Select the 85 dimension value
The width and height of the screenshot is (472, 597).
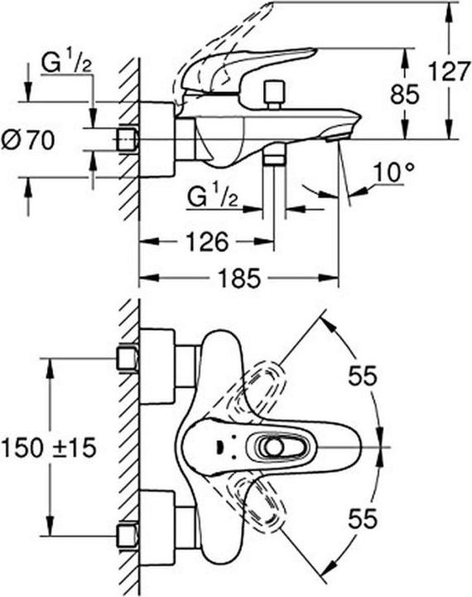tap(405, 95)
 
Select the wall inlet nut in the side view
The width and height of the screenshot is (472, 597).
tap(127, 139)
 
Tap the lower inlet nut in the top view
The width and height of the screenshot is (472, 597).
tap(127, 533)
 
